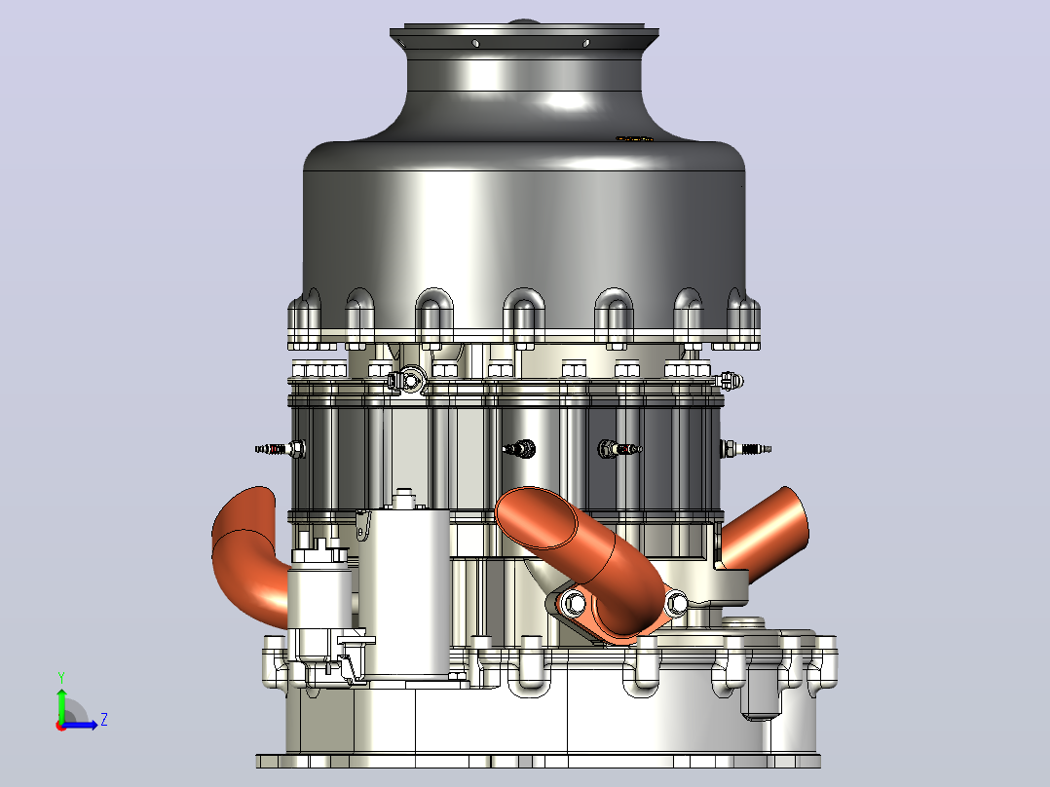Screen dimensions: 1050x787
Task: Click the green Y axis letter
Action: [x=61, y=677]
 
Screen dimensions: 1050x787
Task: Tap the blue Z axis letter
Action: [x=104, y=720]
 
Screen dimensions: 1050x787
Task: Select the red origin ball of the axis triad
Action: [x=61, y=726]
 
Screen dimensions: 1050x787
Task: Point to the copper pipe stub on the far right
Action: [x=767, y=534]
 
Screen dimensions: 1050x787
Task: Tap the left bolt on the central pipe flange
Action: [x=573, y=602]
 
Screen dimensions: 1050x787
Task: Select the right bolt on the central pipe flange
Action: [x=675, y=602]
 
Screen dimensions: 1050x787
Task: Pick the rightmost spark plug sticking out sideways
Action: [x=746, y=448]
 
